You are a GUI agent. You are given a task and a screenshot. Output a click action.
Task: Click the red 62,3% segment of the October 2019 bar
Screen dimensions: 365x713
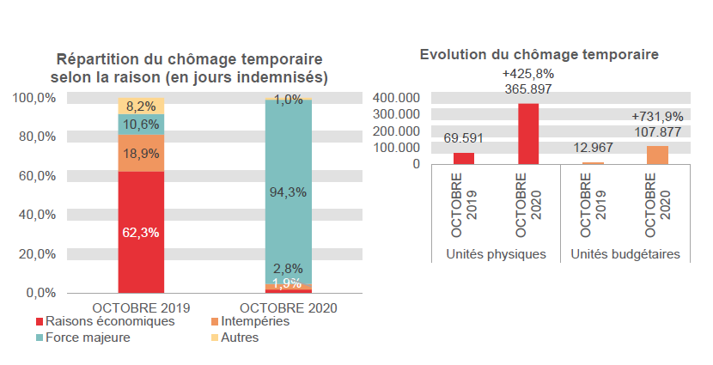[141, 232]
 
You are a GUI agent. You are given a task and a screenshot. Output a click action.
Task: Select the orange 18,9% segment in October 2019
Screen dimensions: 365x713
[141, 153]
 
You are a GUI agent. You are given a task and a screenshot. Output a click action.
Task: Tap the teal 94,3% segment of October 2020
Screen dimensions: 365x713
[288, 192]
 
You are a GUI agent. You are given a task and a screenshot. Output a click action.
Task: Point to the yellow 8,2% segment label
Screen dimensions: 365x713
[141, 106]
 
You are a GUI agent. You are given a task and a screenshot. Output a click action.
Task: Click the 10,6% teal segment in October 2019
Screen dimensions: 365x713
[141, 125]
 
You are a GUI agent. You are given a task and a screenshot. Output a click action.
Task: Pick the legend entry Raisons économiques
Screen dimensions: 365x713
[110, 321]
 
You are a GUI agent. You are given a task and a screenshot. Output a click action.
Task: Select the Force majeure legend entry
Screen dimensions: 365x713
[87, 338]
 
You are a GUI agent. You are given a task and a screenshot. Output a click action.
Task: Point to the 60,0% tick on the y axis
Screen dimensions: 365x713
[37, 175]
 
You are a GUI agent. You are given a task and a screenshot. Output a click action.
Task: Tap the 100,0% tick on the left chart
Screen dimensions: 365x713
[35, 98]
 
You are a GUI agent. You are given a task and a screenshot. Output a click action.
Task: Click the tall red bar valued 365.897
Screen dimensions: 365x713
[527, 134]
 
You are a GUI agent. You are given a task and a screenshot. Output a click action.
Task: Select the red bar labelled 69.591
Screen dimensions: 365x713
[464, 158]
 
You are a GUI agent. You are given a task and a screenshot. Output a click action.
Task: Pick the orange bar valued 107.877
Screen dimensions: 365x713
[657, 155]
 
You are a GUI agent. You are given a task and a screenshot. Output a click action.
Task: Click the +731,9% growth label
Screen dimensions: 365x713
[657, 116]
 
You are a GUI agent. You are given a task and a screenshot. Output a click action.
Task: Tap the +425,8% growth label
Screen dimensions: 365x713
[527, 74]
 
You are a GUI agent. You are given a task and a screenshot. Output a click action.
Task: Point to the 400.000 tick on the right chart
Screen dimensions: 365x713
[397, 98]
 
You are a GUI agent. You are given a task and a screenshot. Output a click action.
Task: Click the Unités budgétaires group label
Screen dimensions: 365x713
[625, 254]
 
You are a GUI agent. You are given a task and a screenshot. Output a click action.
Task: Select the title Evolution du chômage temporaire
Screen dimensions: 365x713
[539, 54]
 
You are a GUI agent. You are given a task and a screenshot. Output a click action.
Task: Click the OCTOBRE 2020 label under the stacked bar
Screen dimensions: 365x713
[288, 307]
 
